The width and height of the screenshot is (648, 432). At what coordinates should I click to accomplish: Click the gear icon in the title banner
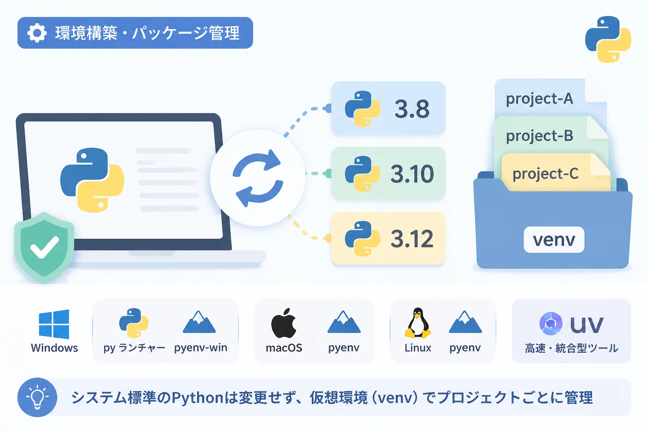(x=37, y=33)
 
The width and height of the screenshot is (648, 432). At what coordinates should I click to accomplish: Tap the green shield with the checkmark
(x=44, y=247)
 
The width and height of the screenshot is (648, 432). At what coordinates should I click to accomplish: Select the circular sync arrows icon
(x=258, y=178)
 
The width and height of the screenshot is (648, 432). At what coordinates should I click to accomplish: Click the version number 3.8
(x=412, y=109)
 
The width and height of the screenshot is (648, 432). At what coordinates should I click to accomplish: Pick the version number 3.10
(x=412, y=174)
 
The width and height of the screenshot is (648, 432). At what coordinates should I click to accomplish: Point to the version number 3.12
(x=412, y=239)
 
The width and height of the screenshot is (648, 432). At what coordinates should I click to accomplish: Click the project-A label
(x=539, y=99)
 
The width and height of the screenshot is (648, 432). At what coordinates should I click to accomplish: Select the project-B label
(x=540, y=136)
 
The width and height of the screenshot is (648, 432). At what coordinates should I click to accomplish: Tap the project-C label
(x=545, y=174)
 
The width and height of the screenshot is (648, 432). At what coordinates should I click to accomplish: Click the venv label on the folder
(x=554, y=240)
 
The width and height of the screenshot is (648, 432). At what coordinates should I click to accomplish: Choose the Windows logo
(x=54, y=324)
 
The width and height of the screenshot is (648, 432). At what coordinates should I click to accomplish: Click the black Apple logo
(x=284, y=323)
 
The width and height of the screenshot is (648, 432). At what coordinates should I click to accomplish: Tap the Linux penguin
(x=418, y=323)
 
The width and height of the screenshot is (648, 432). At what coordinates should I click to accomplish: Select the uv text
(x=586, y=325)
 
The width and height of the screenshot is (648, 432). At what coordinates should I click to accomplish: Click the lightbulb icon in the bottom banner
(x=37, y=397)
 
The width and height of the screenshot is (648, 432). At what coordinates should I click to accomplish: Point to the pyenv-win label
(x=200, y=348)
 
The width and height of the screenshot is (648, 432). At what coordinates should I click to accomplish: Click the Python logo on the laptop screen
(x=92, y=180)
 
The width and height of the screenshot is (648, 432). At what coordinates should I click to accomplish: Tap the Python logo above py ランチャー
(x=134, y=323)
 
